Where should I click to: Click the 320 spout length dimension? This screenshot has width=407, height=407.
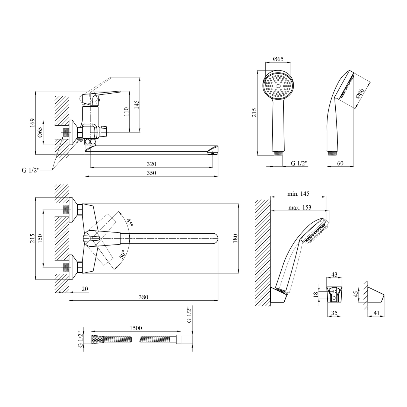[151, 164]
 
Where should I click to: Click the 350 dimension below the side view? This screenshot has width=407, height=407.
[151, 173]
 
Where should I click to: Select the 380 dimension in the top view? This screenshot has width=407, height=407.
[144, 297]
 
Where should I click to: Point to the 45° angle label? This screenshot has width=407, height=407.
[130, 223]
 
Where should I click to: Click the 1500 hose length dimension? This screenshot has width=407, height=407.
[136, 328]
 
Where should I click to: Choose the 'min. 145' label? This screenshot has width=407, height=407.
[298, 194]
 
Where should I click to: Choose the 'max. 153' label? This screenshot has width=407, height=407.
[300, 208]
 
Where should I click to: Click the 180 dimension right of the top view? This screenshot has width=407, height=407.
[235, 238]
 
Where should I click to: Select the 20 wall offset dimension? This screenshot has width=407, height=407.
[85, 289]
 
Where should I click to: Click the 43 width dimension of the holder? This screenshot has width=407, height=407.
[334, 275]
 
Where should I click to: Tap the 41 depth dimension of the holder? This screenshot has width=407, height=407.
[376, 313]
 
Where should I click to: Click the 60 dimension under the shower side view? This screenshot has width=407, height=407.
[340, 163]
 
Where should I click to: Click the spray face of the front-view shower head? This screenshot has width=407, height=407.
[278, 85]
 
